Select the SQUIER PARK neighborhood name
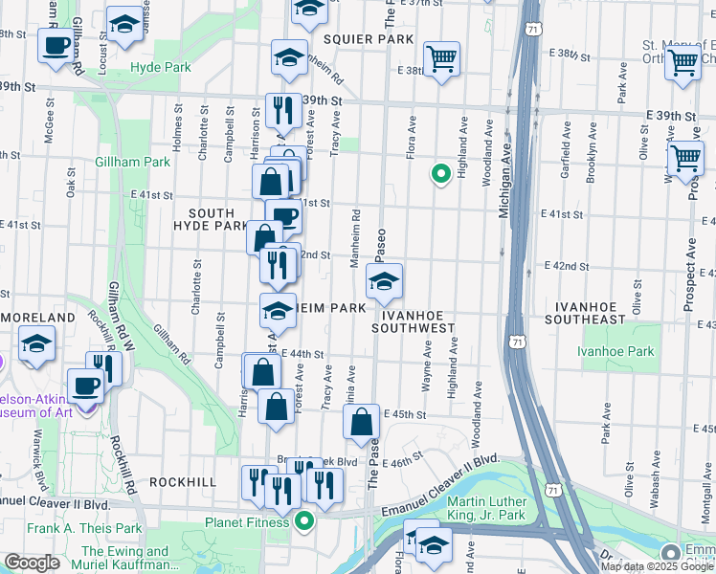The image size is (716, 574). pos(368,39)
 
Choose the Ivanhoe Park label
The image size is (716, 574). pos(615,351)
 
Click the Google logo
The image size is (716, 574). pos(33,563)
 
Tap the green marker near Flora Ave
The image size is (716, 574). pos(440,174)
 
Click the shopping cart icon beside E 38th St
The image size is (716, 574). pos(441,58)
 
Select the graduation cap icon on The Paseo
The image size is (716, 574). pos(384,280)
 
